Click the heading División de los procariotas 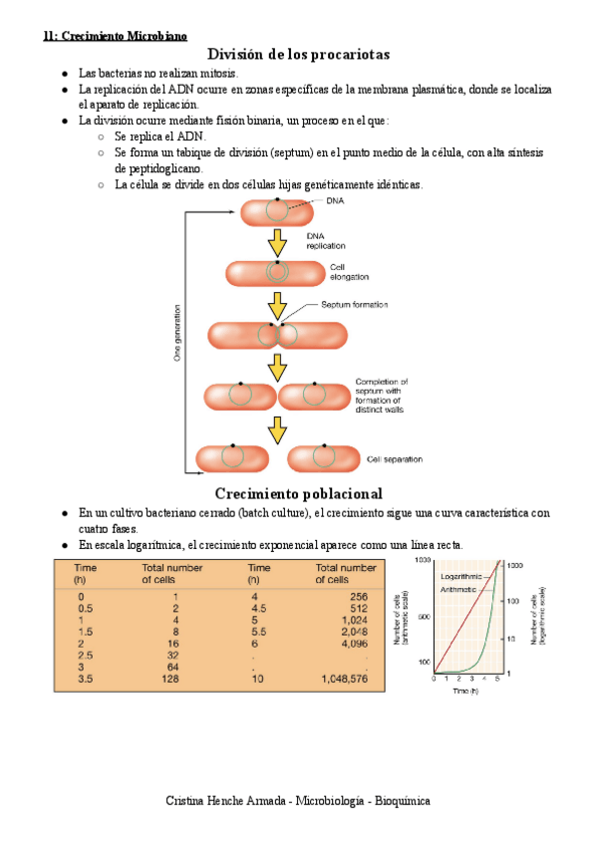click(298, 54)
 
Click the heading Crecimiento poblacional click(298, 494)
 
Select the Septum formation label click(354, 305)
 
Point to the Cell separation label click(394, 459)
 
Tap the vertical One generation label click(178, 333)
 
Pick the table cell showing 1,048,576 click(345, 679)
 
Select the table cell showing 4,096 click(354, 645)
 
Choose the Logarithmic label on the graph click(460, 576)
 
